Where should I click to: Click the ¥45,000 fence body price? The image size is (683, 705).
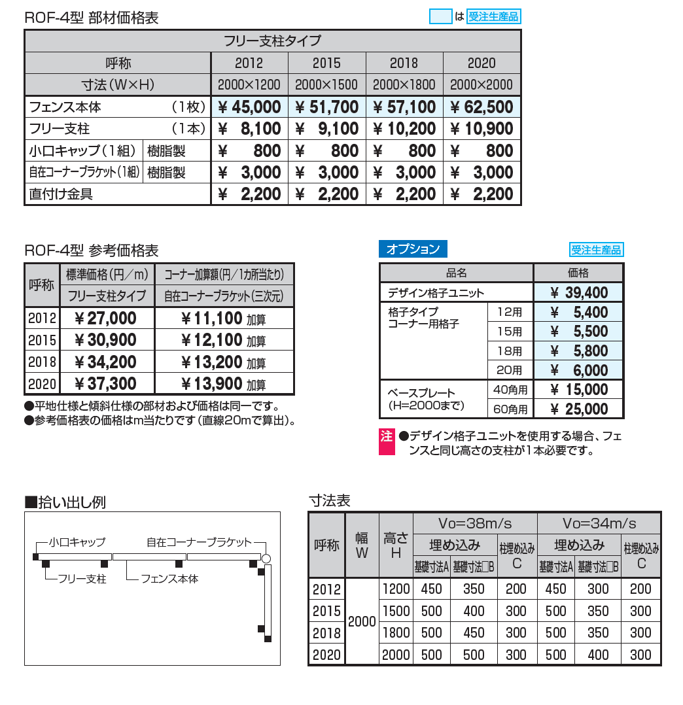[249, 107]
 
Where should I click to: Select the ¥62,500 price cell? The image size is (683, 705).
[482, 107]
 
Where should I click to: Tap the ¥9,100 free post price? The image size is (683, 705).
[327, 129]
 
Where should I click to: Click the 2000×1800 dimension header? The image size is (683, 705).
[404, 84]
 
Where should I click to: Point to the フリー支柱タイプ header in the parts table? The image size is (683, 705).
[273, 41]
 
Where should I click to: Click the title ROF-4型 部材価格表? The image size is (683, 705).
[91, 18]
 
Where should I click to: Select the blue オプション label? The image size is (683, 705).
[413, 249]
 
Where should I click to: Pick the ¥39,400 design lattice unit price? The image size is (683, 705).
[579, 292]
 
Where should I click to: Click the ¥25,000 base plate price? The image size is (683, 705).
[579, 409]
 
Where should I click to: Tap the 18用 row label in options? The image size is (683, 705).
[510, 351]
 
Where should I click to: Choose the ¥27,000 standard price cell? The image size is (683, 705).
[106, 318]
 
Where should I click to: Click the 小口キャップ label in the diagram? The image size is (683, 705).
[77, 542]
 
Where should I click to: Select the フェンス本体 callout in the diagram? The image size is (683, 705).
[169, 579]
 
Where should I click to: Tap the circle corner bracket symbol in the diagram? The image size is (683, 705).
[266, 559]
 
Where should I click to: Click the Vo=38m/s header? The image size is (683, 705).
[474, 523]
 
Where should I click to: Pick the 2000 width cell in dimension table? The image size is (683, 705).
[362, 621]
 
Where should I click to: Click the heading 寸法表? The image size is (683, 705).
[329, 501]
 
